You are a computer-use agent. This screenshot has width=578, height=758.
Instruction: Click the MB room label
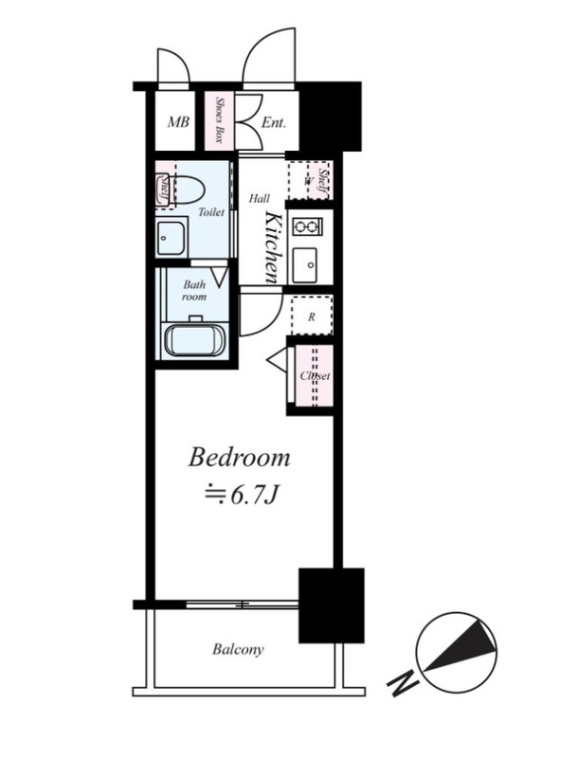[178, 122]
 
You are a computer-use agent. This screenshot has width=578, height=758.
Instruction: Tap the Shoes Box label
[219, 120]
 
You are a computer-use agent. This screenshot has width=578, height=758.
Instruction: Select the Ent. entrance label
[274, 123]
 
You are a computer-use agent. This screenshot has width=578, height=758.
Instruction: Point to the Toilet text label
[211, 212]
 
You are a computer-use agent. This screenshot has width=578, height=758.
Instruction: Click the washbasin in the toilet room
[171, 238]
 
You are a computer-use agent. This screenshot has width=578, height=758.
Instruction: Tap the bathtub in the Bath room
[194, 341]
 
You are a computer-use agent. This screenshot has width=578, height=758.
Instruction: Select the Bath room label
[194, 291]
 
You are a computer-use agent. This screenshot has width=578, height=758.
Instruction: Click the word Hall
[260, 198]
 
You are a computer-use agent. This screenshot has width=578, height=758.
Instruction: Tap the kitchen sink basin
[305, 265]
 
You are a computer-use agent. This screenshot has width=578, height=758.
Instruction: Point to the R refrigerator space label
[312, 317]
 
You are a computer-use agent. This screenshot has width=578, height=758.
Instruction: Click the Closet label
[316, 376]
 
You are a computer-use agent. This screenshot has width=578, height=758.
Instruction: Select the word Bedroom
[239, 458]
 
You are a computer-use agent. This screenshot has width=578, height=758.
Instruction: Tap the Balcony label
[238, 649]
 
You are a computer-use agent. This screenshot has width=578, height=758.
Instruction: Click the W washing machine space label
[306, 182]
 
